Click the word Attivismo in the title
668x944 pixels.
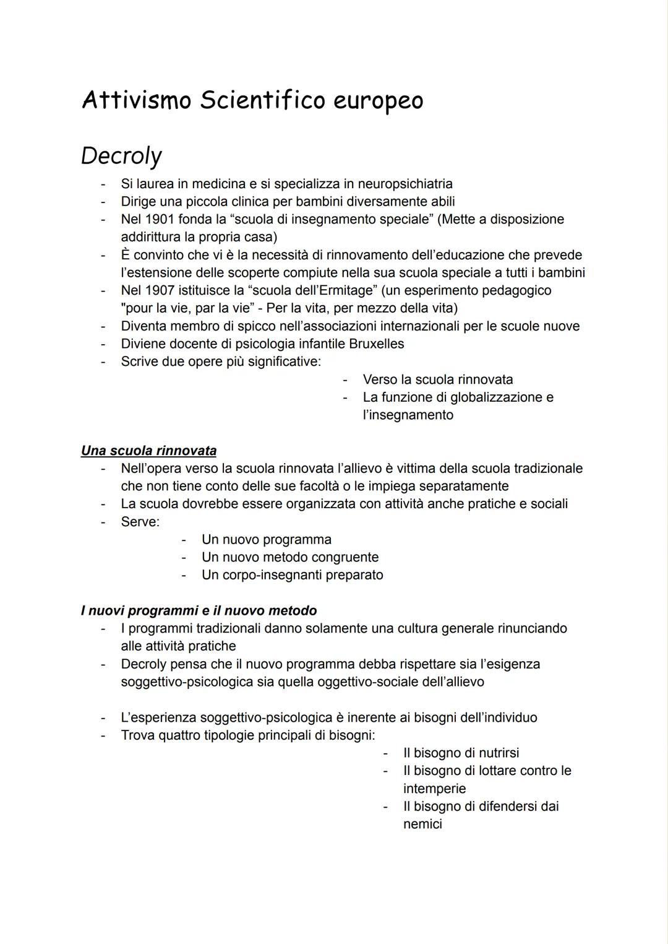click(137, 100)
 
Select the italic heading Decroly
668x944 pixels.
click(121, 156)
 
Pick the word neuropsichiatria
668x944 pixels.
click(405, 184)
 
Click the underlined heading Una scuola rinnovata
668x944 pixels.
click(148, 451)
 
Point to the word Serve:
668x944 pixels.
click(140, 522)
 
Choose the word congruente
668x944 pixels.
click(345, 557)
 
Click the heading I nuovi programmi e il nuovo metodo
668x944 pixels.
click(199, 611)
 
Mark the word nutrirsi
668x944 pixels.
click(494, 753)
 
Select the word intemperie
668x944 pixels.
click(434, 789)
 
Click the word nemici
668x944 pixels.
click(422, 825)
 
